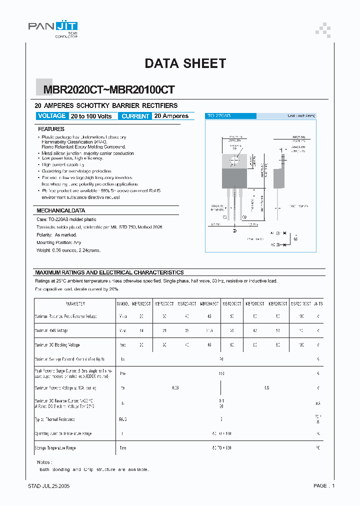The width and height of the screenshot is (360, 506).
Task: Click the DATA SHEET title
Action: [185, 63]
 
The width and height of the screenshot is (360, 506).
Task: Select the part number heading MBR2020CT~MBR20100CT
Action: [109, 89]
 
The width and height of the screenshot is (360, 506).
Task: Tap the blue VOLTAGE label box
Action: [51, 116]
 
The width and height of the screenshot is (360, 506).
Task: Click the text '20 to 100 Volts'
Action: [91, 116]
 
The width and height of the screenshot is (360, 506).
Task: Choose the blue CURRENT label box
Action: [135, 116]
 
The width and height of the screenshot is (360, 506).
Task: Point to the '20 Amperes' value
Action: [171, 116]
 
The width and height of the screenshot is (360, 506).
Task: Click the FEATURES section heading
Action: [51, 129]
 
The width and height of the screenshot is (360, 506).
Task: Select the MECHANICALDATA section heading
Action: [61, 210]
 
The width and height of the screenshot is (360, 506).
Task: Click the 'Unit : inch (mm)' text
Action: [301, 116]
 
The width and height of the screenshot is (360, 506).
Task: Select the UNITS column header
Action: [317, 303]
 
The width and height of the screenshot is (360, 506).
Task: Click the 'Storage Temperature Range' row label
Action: [55, 448]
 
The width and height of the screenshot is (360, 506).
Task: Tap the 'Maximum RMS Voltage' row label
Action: [51, 330]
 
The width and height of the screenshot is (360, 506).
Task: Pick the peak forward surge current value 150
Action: [221, 373]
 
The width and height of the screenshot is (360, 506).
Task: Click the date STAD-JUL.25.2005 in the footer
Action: [49, 486]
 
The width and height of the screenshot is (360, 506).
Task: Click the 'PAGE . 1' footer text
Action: [324, 486]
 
